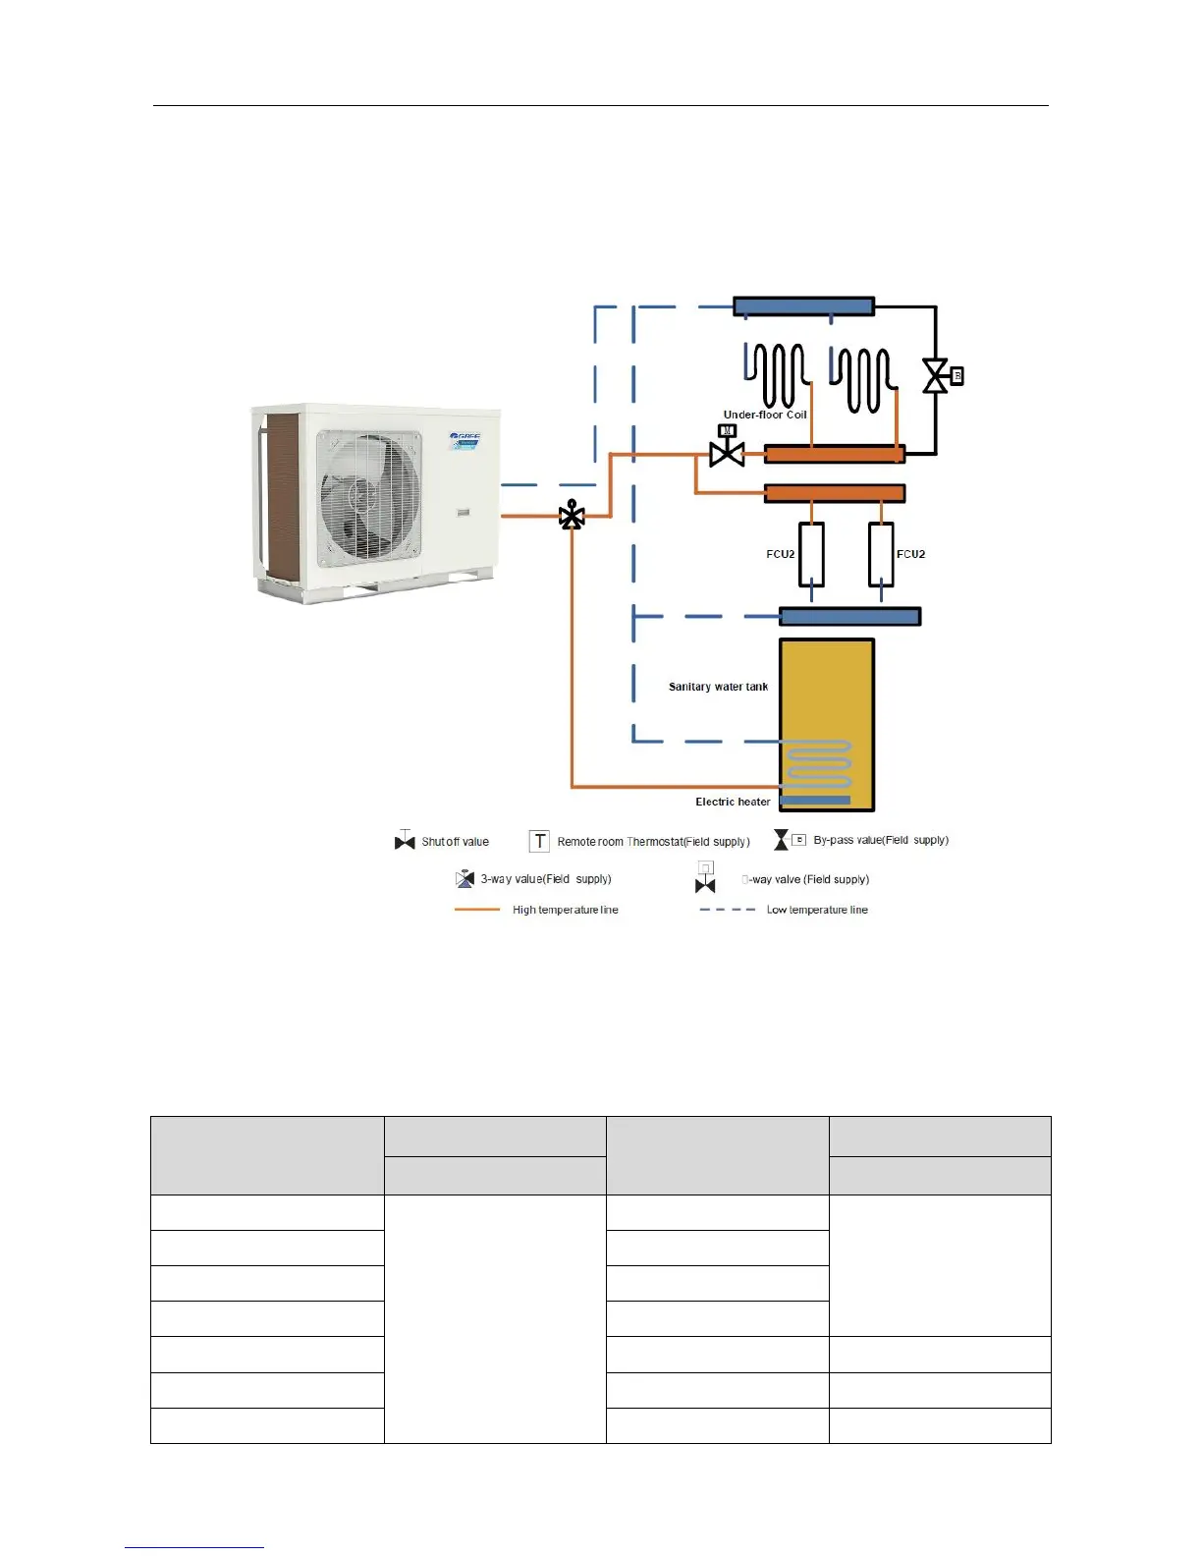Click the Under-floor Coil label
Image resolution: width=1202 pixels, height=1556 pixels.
(x=764, y=415)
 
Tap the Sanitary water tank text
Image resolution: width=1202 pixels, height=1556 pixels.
(x=718, y=687)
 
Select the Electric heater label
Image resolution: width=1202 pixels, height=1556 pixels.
(x=733, y=802)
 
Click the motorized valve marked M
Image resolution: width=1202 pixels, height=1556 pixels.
(x=727, y=451)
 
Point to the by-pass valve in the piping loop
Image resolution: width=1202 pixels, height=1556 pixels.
(x=936, y=376)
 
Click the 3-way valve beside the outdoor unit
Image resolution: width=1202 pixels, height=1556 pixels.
(x=572, y=516)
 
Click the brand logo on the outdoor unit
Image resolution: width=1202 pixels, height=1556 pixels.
(x=464, y=436)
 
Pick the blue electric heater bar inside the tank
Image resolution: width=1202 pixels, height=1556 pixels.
(x=815, y=801)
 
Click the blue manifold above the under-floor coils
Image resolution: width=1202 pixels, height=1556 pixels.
(x=803, y=306)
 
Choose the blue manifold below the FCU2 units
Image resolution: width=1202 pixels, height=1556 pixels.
(x=849, y=617)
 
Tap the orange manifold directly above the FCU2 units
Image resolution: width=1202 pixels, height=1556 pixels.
(x=835, y=493)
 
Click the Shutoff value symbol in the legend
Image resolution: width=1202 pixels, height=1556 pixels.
(x=405, y=841)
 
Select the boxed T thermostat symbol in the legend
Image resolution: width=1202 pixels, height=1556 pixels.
(x=539, y=841)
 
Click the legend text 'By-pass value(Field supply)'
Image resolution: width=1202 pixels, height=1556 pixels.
(x=881, y=840)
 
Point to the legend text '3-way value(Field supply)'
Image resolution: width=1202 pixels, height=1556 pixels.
(x=546, y=879)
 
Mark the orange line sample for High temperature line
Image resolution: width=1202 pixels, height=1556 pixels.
(x=477, y=910)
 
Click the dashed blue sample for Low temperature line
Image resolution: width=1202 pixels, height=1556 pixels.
(x=727, y=910)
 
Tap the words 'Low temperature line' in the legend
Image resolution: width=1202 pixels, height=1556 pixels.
(x=817, y=910)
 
